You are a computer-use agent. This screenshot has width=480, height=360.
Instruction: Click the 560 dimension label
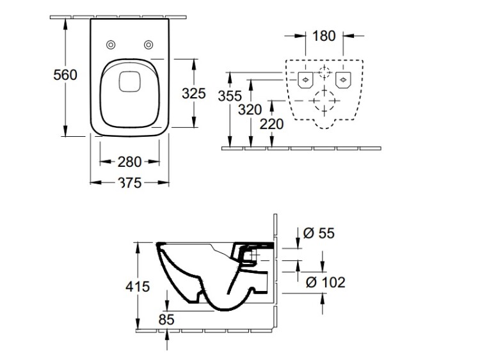[65, 75]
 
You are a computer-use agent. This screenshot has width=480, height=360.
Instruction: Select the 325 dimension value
[193, 94]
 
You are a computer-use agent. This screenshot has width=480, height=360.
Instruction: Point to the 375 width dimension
[130, 183]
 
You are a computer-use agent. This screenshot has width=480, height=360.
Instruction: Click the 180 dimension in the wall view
[324, 35]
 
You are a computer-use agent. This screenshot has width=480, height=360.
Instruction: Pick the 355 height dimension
[229, 96]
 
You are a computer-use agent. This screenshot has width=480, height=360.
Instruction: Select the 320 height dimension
[250, 109]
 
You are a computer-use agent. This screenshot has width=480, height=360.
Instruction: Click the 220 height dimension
[271, 123]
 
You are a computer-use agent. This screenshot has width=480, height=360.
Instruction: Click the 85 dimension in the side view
[167, 318]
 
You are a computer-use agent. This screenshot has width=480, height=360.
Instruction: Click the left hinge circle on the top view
[111, 44]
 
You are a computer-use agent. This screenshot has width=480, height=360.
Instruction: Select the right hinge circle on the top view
[149, 44]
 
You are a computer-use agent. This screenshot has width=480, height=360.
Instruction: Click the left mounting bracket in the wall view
[306, 80]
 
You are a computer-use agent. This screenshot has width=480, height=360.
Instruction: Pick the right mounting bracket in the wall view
[344, 80]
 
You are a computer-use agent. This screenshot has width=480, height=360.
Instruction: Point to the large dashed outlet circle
[326, 102]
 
